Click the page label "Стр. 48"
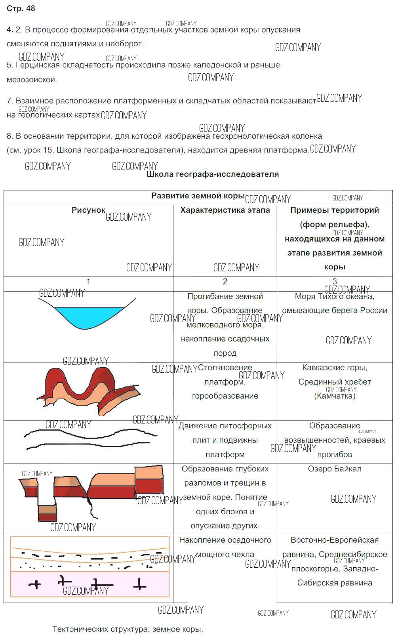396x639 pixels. pyautogui.click(x=21, y=8)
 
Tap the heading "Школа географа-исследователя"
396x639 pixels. pyautogui.click(x=212, y=174)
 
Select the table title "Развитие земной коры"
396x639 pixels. pyautogui.click(x=198, y=196)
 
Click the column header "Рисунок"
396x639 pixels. pyautogui.click(x=88, y=210)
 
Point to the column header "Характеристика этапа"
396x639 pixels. pyautogui.click(x=225, y=210)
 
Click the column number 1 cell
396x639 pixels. pyautogui.click(x=88, y=282)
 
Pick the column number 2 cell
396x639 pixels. pyautogui.click(x=225, y=282)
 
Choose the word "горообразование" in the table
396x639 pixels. pyautogui.click(x=225, y=396)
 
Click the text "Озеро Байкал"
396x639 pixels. pyautogui.click(x=335, y=469)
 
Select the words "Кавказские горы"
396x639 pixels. pyautogui.click(x=335, y=368)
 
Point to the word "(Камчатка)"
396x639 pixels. pyautogui.click(x=335, y=396)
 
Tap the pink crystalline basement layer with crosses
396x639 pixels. pyautogui.click(x=89, y=584)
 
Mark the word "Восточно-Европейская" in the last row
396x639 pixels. pyautogui.click(x=335, y=540)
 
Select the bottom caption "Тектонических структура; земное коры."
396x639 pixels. pyautogui.click(x=128, y=629)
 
